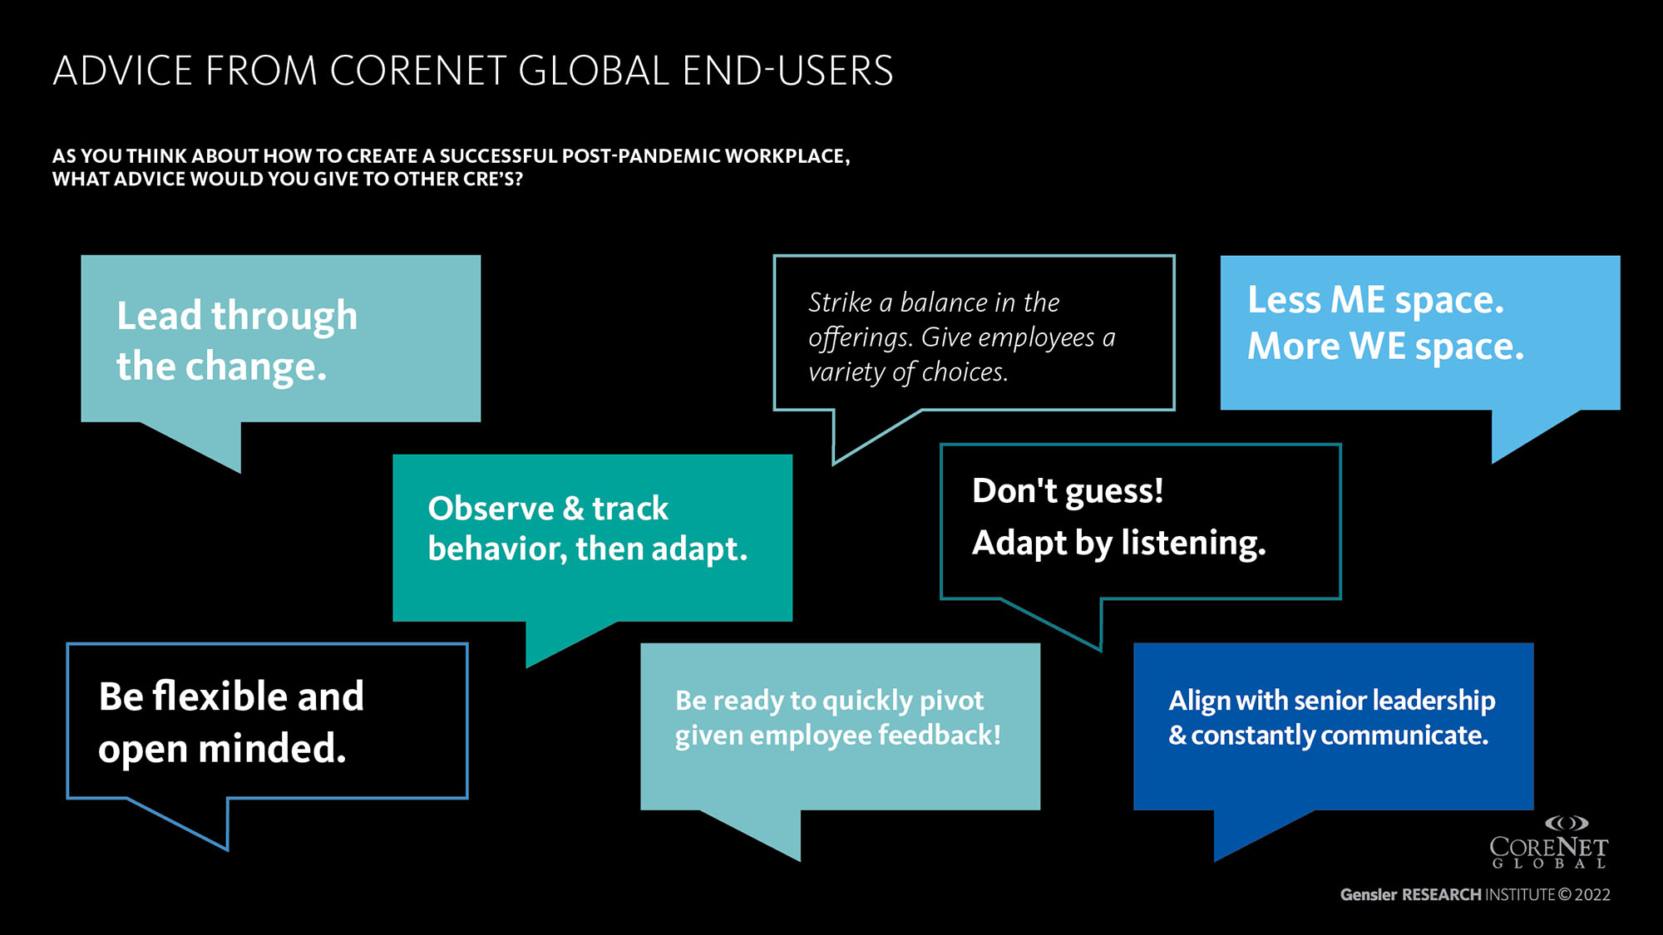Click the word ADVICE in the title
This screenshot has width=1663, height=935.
point(123,71)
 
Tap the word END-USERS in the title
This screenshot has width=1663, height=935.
point(787,71)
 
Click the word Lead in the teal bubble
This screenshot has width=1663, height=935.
point(159,316)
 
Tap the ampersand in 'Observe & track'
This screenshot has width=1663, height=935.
point(573,509)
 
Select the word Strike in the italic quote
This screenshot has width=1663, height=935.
point(840,303)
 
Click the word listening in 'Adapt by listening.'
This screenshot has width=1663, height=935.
point(1193,544)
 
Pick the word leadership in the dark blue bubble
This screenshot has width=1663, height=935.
point(1434,701)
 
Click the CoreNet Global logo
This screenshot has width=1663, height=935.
point(1548,843)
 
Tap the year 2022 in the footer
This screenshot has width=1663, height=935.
point(1592,895)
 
